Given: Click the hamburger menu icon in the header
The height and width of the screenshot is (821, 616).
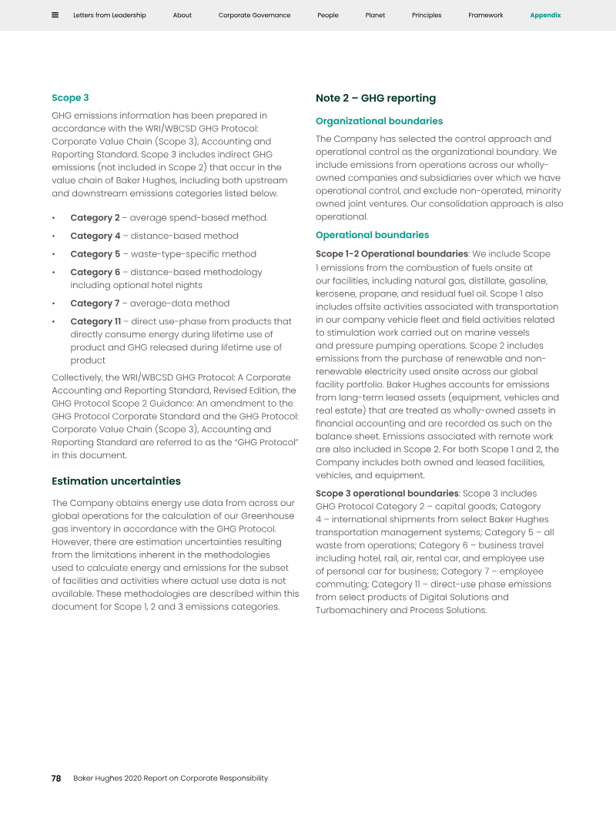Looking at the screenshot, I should point(55,15).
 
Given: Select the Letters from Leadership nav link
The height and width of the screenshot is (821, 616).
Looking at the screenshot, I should point(109,15).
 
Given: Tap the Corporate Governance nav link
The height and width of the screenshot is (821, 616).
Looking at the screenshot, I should point(254,15).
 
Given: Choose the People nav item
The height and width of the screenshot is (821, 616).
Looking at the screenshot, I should point(328,15).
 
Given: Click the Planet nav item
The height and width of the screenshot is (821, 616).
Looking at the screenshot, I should point(375,15).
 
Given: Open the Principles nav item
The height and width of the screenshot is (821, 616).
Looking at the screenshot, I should point(427,15).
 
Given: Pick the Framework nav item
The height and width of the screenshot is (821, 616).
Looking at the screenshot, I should point(486,15).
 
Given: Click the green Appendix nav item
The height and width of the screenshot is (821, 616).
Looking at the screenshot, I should point(545,15).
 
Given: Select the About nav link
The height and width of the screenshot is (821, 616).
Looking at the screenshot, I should point(182,15).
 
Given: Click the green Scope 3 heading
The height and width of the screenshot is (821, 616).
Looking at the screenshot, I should point(70,98).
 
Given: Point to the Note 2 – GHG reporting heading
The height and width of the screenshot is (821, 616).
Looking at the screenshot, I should point(376,98).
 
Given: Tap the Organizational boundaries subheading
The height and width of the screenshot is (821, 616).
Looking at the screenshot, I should point(379,121).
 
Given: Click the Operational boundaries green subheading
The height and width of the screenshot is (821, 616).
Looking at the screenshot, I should point(372,235).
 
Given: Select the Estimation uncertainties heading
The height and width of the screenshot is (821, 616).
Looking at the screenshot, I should point(116,481).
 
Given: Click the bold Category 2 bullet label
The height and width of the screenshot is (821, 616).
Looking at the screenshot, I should point(95,218).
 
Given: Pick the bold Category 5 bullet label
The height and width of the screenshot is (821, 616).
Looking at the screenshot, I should point(95,254).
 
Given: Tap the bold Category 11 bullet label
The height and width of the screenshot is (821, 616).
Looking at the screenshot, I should point(95,321).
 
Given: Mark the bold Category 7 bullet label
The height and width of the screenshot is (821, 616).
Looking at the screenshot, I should point(95,303).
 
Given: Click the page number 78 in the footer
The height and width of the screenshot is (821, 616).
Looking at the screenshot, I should point(56,778).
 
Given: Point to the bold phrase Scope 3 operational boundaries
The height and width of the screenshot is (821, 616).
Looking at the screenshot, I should point(387,494).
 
